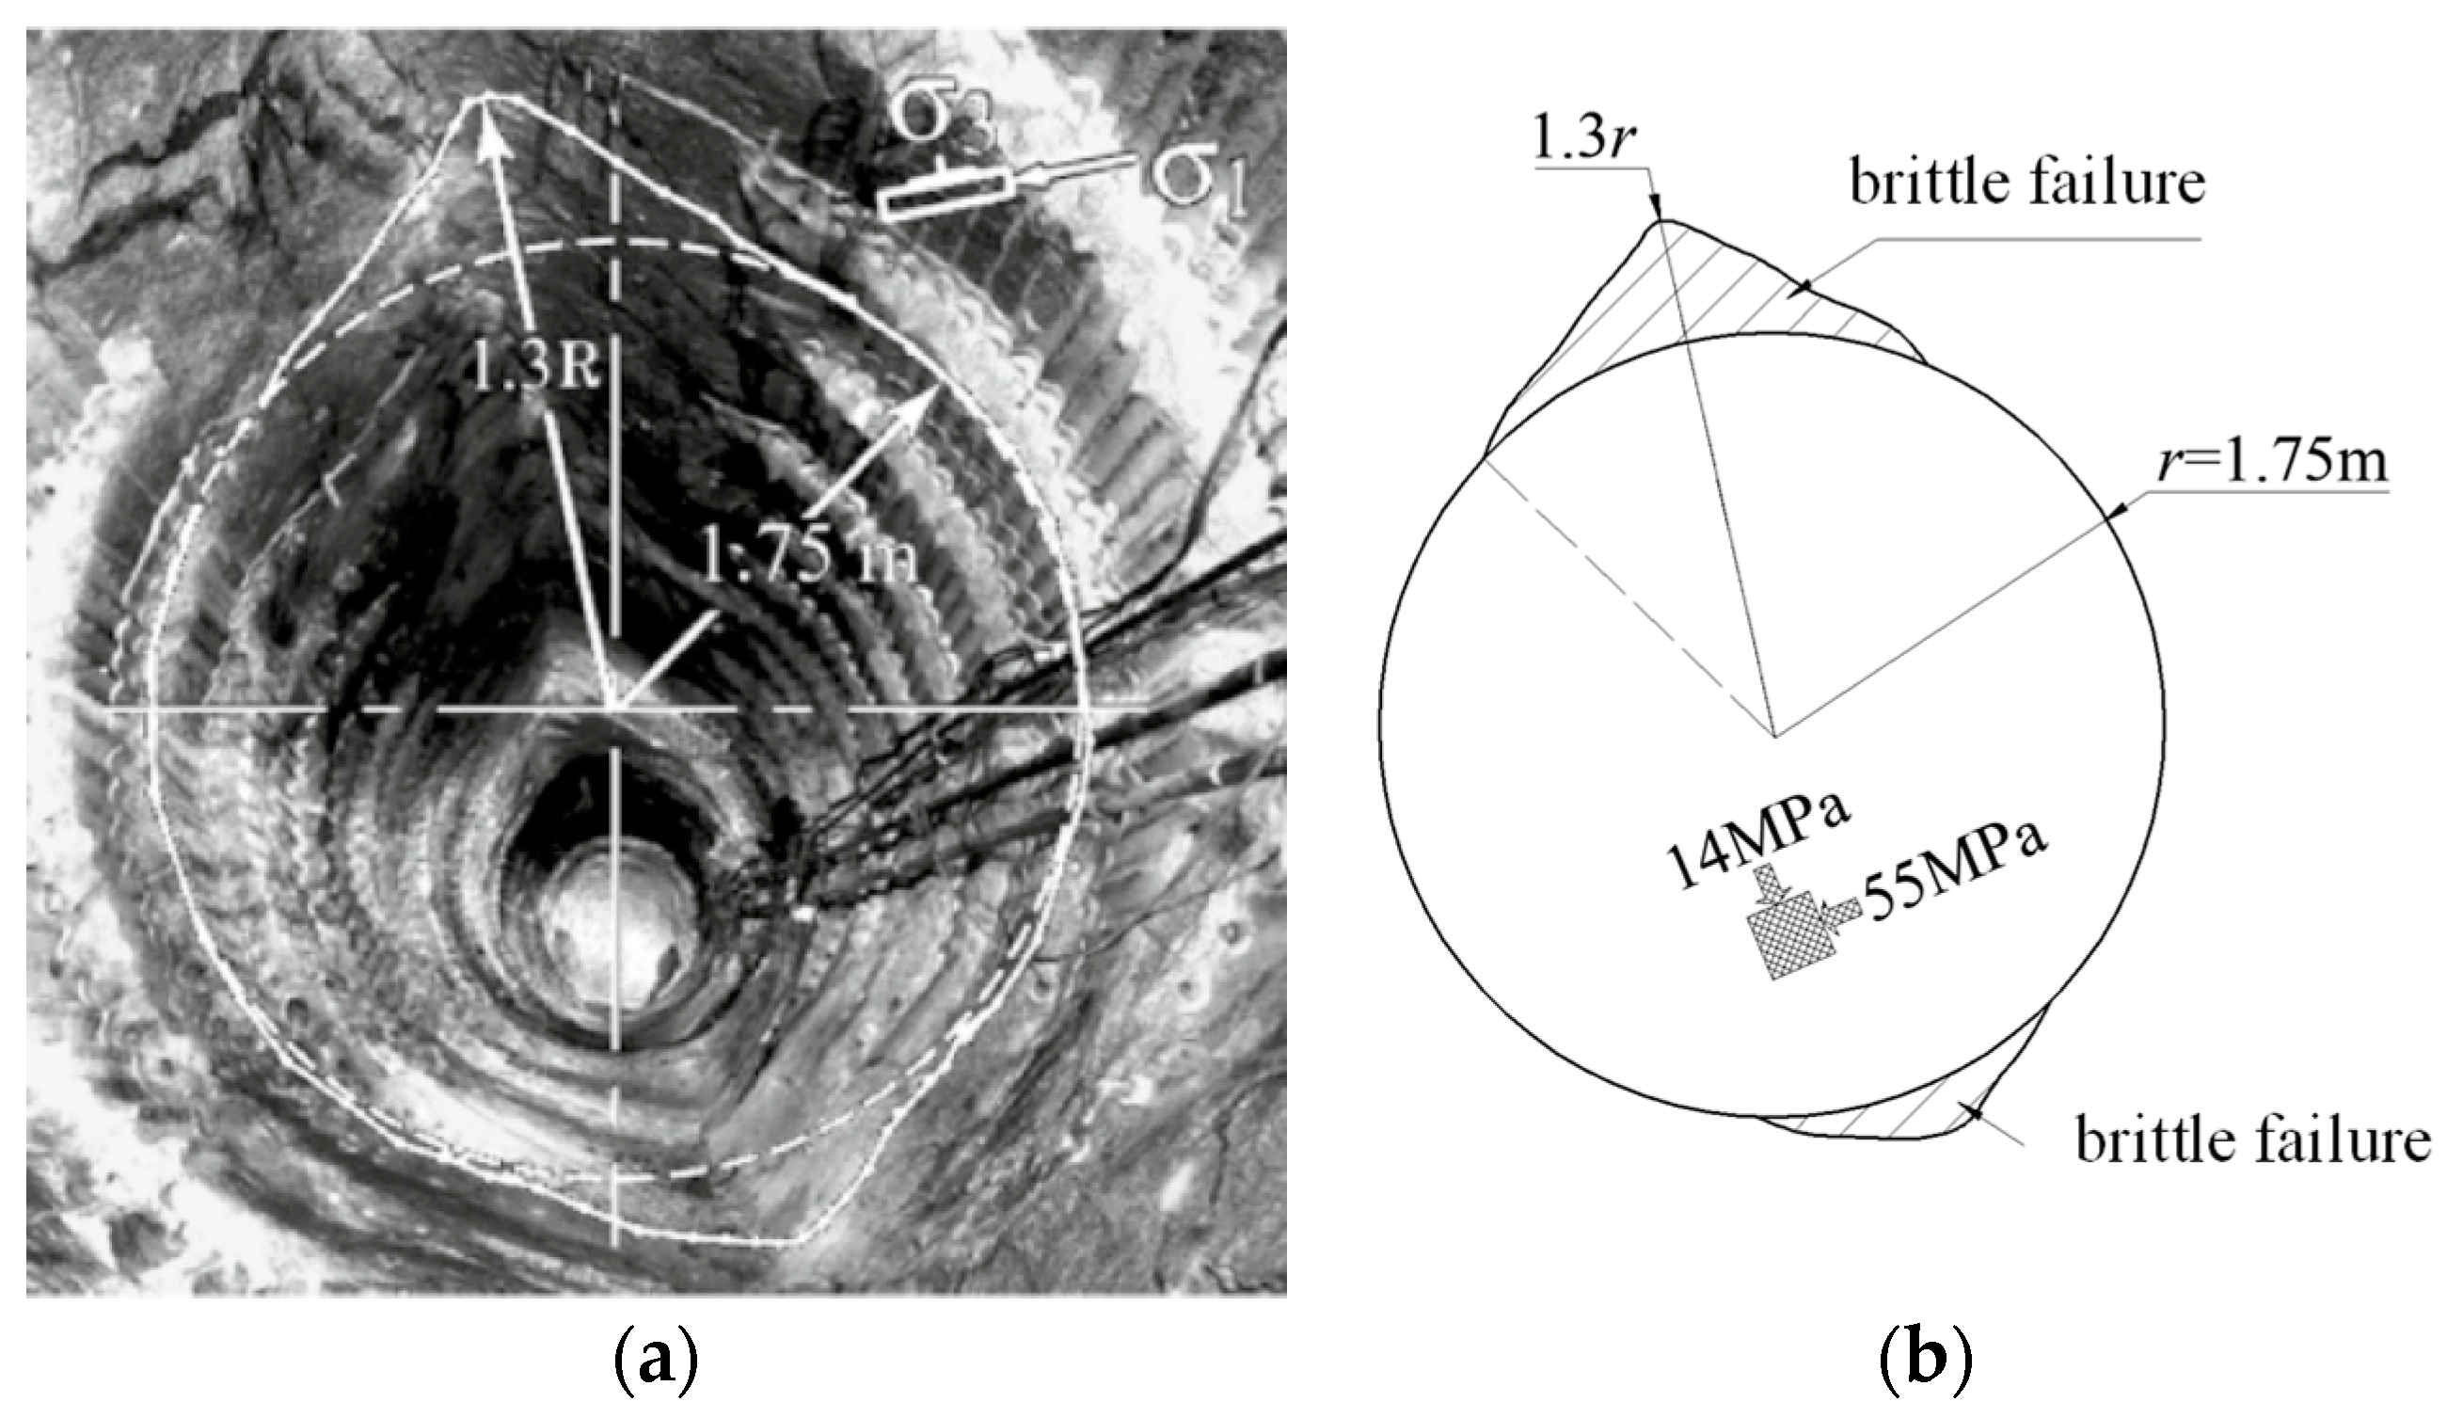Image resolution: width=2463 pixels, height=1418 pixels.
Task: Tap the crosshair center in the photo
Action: click(614, 709)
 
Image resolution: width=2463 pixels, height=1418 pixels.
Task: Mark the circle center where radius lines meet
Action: click(1775, 735)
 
